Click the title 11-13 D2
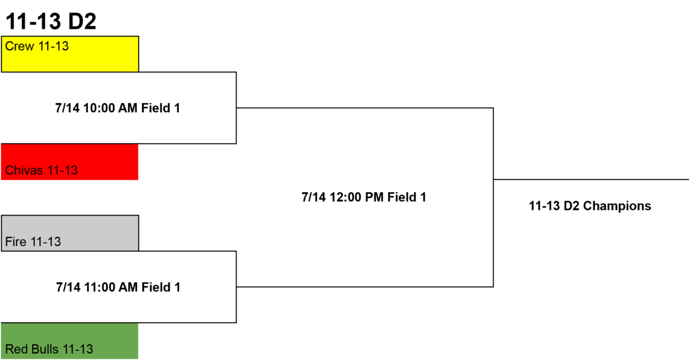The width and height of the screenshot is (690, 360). (x=51, y=21)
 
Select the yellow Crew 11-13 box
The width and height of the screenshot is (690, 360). (x=70, y=54)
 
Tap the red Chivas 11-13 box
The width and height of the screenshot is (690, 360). (x=70, y=162)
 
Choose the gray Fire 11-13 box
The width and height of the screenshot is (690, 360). (x=70, y=233)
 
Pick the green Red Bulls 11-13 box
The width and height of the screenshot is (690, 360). (x=70, y=341)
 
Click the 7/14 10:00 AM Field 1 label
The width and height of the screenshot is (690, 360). (x=118, y=108)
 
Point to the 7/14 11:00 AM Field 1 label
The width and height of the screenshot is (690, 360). (x=118, y=288)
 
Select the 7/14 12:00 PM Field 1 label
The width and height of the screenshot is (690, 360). (x=364, y=197)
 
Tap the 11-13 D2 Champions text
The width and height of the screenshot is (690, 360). (x=590, y=206)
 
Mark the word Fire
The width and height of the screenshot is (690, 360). (x=16, y=242)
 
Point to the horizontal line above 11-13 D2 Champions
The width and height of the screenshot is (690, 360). (x=591, y=179)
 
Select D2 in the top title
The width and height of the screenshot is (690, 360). (x=82, y=21)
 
